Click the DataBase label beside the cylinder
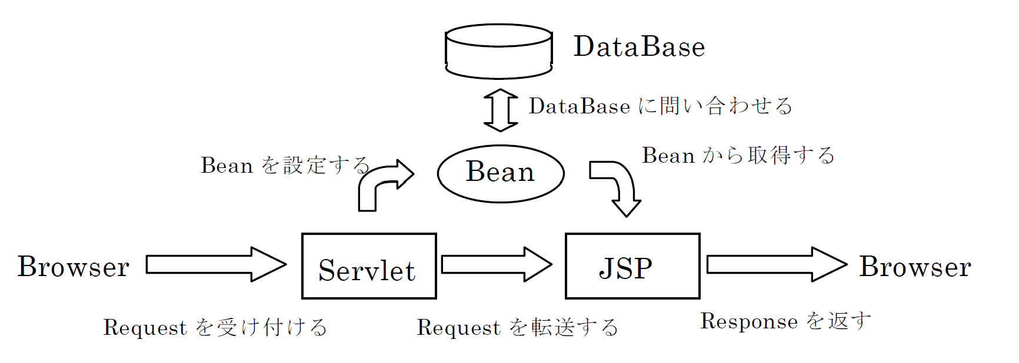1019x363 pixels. click(x=640, y=46)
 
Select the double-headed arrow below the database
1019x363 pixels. click(x=501, y=110)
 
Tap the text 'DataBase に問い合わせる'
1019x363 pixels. click(x=660, y=106)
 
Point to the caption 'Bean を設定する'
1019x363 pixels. click(x=285, y=165)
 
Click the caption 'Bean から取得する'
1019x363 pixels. click(x=738, y=155)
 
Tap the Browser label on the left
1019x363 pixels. click(x=74, y=267)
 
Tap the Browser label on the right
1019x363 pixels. click(x=915, y=267)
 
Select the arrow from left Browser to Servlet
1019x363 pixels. click(x=216, y=264)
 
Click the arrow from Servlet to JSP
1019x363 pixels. click(x=497, y=264)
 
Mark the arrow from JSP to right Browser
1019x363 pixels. click(x=777, y=264)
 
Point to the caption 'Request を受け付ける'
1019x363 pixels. click(x=215, y=327)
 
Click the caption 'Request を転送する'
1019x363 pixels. click(x=517, y=327)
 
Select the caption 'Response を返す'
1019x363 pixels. click(x=785, y=321)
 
